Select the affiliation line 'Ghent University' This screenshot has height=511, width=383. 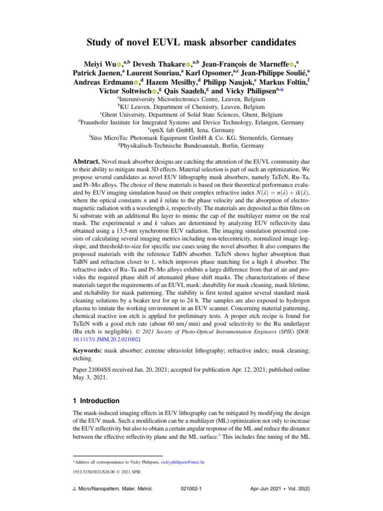[191, 114]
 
